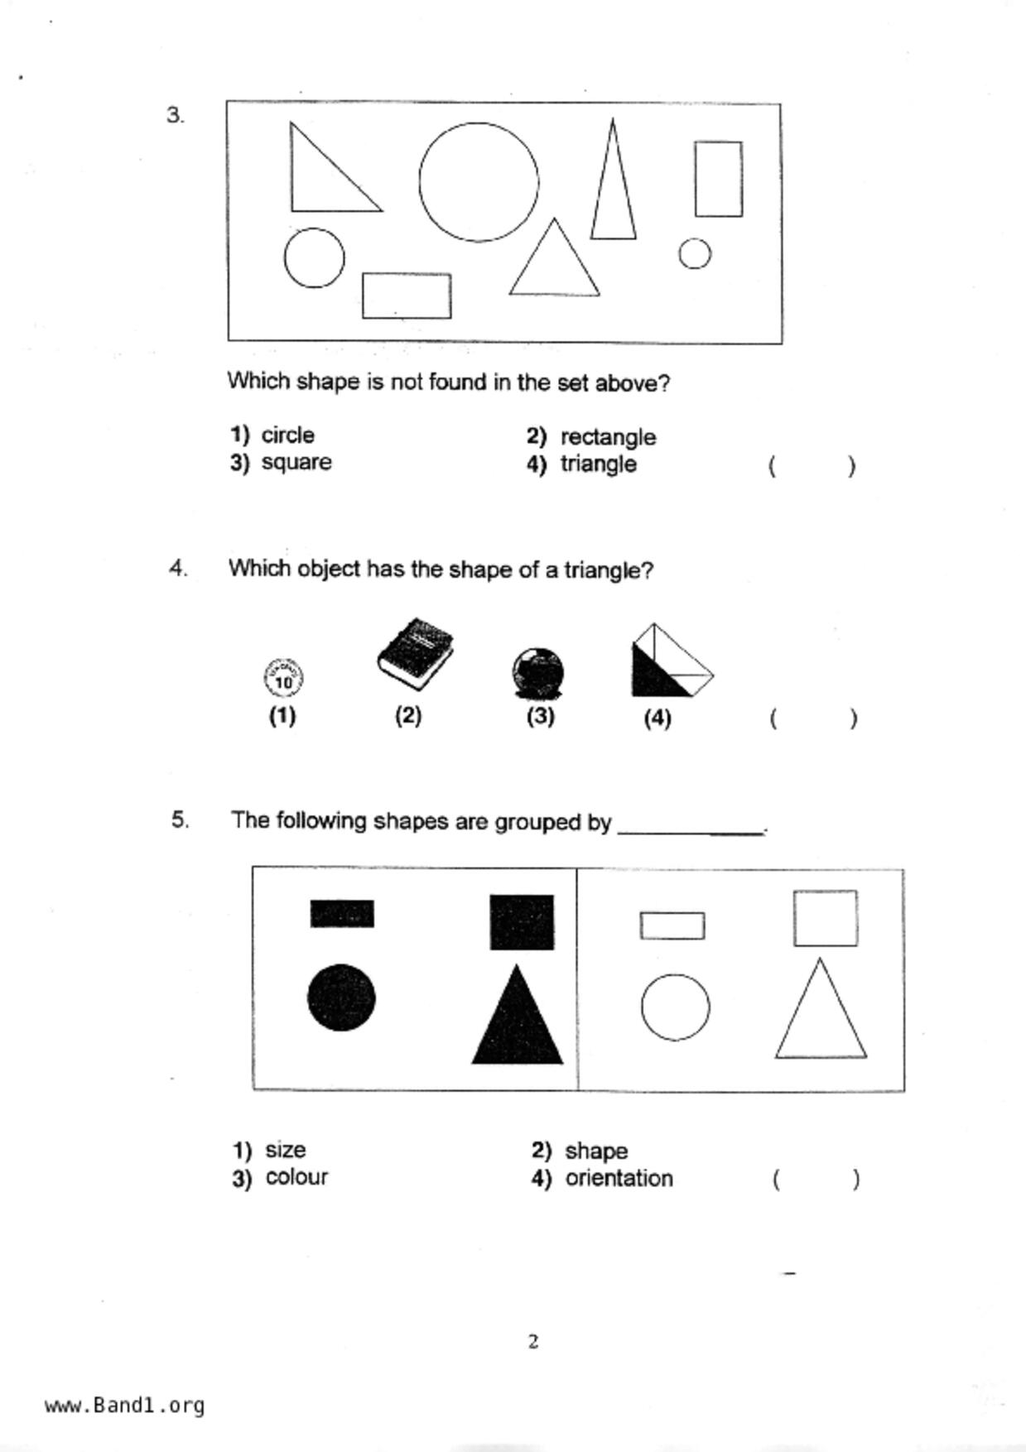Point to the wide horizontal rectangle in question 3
407,275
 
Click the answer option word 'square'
296,462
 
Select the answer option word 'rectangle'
608,436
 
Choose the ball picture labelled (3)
538,672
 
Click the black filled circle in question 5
341,998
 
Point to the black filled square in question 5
522,921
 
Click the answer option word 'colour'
296,1177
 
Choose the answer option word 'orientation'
619,1178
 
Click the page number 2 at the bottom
533,1341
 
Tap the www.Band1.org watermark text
124,1405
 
